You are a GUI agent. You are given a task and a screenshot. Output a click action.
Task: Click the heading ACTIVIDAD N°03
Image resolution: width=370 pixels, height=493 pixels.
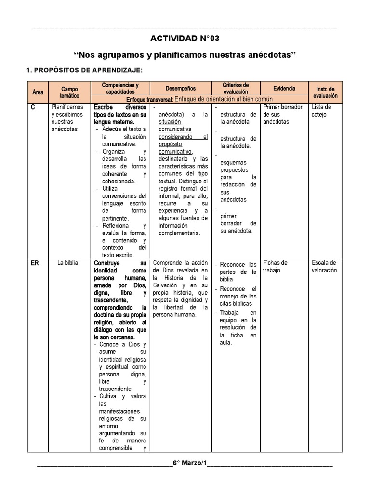pos(188,39)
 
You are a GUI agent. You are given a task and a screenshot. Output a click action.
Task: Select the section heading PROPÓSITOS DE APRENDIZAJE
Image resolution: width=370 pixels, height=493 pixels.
pos(87,70)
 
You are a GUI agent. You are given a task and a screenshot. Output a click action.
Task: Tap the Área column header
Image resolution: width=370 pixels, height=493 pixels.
pos(37,91)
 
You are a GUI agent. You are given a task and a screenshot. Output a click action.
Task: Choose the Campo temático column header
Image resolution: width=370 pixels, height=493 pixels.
pos(69,91)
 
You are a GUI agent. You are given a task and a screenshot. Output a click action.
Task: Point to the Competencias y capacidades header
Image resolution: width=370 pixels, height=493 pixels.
pos(120,88)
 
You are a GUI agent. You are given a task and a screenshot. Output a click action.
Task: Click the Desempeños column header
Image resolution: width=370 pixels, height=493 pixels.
pos(181,89)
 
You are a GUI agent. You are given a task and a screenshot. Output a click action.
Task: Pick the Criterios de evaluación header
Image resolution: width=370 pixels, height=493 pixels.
pos(236,88)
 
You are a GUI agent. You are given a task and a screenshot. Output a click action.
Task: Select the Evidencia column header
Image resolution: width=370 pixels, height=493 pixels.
pos(284,89)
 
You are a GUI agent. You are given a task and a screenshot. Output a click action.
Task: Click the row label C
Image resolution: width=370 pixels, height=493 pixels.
pos(33,107)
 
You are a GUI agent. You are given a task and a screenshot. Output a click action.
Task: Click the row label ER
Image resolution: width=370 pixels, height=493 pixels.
pos(35,263)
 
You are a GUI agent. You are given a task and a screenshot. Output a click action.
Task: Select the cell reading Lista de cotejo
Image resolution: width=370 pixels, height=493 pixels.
pos(321,111)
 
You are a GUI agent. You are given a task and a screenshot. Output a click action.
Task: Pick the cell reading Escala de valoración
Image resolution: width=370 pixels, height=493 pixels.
pos(324,266)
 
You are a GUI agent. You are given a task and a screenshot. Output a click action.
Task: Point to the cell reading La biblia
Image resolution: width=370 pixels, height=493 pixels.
pos(67,263)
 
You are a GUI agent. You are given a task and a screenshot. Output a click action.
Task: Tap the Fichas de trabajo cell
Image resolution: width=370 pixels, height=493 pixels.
pos(276,266)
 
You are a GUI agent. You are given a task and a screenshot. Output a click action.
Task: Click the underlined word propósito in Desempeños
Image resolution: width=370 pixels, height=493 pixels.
pos(171,144)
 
